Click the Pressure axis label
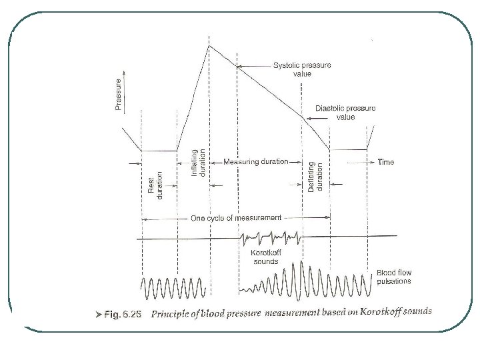point(118,95)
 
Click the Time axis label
point(386,161)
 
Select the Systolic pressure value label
point(303,69)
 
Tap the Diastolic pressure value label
point(345,112)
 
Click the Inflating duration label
point(198,162)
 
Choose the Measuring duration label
point(256,161)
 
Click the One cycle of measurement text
point(236,217)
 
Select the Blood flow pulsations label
point(394,277)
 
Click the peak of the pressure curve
point(209,45)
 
